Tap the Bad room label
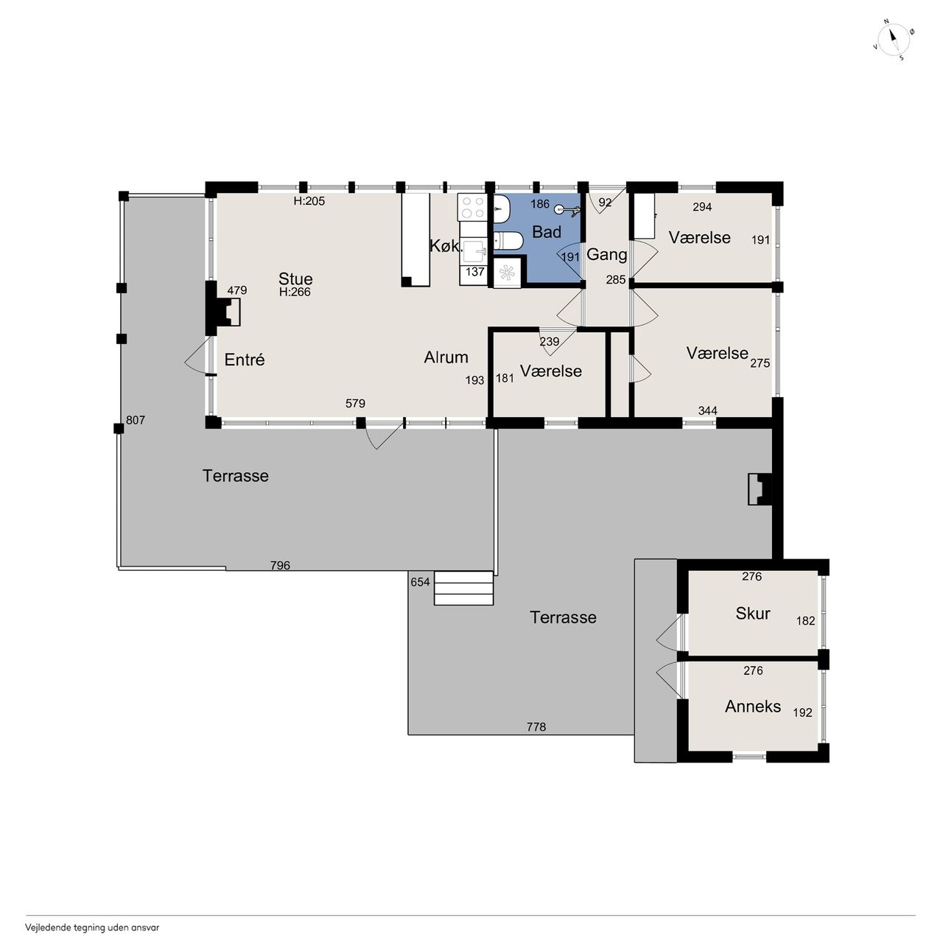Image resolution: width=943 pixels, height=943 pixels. click(546, 232)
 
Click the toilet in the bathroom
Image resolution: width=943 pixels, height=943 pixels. click(508, 241)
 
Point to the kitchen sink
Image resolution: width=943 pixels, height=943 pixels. click(473, 251)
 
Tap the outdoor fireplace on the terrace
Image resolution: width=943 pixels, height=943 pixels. click(759, 488)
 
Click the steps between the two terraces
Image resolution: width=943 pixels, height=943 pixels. click(463, 588)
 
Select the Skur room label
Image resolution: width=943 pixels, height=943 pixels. click(753, 613)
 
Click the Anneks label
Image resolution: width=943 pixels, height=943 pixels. click(753, 707)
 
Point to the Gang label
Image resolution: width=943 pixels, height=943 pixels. click(607, 255)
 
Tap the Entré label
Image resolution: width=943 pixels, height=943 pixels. click(244, 360)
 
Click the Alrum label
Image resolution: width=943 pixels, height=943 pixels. click(446, 357)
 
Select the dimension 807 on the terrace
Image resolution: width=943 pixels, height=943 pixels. click(136, 420)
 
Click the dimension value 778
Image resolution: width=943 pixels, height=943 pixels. click(536, 727)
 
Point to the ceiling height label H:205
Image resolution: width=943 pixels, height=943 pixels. click(309, 200)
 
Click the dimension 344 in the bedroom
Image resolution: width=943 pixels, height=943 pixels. click(707, 410)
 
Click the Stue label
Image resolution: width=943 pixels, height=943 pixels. click(295, 278)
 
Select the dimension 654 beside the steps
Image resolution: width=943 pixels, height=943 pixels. click(421, 582)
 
